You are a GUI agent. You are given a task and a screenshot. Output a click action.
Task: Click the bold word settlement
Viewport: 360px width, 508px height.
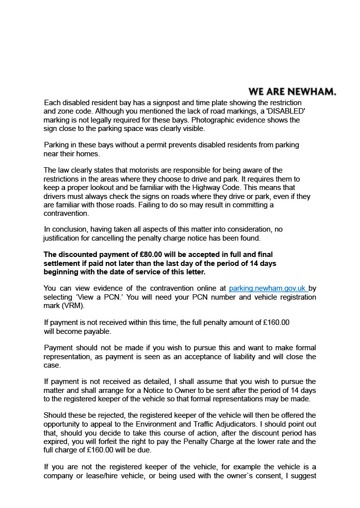pyautogui.click(x=64, y=263)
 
